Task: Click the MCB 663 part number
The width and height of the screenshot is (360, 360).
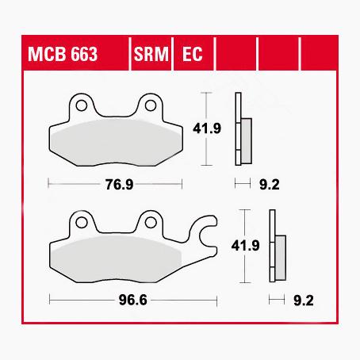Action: (x=63, y=54)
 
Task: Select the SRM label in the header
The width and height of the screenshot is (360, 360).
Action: (x=151, y=54)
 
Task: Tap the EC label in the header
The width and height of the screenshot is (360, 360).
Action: (x=193, y=54)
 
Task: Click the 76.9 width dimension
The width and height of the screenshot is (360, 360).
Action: (x=119, y=184)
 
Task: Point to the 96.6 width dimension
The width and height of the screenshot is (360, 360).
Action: (x=132, y=301)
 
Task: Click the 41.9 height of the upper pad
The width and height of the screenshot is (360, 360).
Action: (x=207, y=128)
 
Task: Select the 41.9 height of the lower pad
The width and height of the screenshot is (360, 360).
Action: (x=245, y=246)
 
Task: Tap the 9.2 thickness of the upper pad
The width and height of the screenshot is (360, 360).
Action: (x=270, y=185)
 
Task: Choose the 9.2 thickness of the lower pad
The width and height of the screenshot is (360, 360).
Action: (x=304, y=301)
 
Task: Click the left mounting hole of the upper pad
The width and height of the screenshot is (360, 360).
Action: (x=81, y=105)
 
